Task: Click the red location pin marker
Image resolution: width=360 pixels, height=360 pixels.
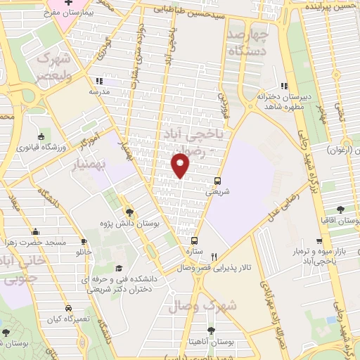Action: (x=181, y=165)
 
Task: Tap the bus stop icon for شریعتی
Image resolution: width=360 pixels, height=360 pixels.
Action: (x=218, y=180)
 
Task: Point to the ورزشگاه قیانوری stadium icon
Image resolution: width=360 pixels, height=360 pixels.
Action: (x=41, y=136)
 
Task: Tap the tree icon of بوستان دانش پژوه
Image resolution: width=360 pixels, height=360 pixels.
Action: (x=129, y=212)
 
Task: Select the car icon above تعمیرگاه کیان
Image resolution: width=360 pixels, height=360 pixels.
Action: (x=68, y=308)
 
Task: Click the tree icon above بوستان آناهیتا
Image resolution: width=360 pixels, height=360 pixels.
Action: (x=212, y=330)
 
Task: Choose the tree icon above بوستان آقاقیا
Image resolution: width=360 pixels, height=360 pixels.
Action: (x=340, y=210)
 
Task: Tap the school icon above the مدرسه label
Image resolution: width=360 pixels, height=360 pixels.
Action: (x=98, y=80)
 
